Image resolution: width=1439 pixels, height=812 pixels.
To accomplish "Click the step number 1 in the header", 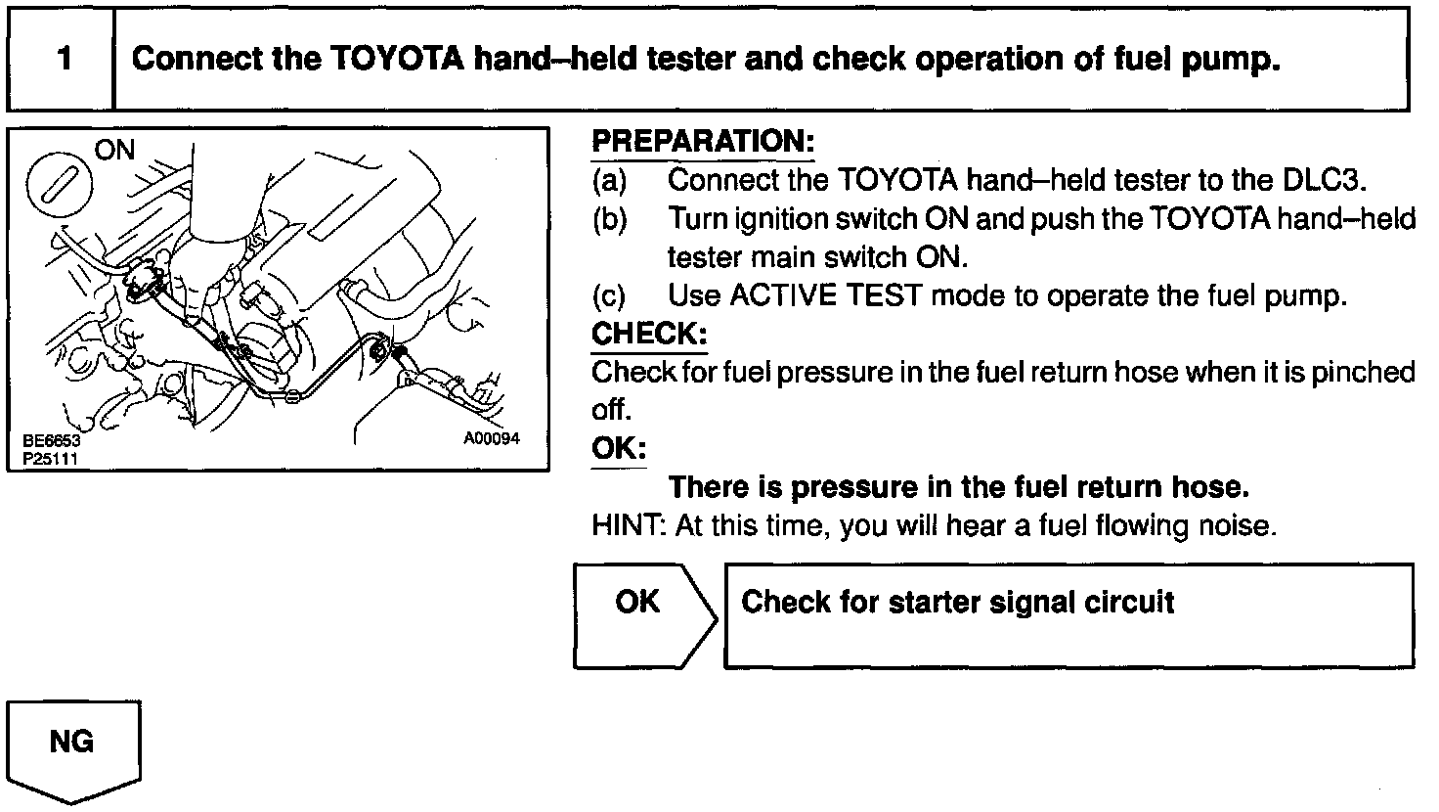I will coord(64,60).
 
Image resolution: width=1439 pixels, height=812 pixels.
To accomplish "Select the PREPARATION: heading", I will coord(702,141).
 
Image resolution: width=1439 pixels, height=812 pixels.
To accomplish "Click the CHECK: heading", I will coord(649,334).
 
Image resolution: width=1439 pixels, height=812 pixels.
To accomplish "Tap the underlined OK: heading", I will coord(619,449).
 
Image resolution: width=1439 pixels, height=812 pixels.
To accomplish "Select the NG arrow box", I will coord(73,748).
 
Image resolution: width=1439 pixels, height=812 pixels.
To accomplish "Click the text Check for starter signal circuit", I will coord(957,602).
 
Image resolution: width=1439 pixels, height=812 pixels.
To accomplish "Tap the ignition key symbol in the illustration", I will coord(60,182).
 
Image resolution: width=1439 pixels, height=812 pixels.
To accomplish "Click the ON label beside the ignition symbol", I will coord(115,151).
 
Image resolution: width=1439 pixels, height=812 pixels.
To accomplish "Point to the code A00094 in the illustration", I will coord(491,439).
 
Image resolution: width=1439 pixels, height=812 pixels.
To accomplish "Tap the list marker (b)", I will coord(609,218).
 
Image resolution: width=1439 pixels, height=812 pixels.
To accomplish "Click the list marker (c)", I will coord(609,295).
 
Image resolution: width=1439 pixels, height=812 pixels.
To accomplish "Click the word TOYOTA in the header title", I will coord(391,60).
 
